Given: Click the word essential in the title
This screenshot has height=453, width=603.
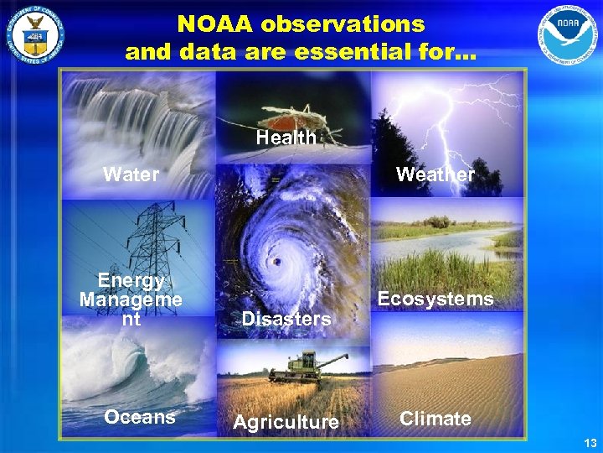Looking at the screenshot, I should point(332,52).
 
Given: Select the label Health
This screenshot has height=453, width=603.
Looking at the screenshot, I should point(286,138).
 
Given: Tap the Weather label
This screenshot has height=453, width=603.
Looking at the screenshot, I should point(435,174).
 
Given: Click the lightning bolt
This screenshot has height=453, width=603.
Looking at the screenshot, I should point(469,117).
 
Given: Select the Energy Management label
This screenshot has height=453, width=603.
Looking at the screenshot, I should point(131,299).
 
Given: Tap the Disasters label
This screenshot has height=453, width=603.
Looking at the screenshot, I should point(286,319).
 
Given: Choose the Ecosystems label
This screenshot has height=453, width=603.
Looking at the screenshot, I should point(435,299).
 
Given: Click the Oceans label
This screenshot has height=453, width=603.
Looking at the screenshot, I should point(139,417).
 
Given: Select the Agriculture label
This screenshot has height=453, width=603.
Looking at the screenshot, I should point(286,422).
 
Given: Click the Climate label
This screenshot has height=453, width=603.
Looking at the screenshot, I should point(435,418).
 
